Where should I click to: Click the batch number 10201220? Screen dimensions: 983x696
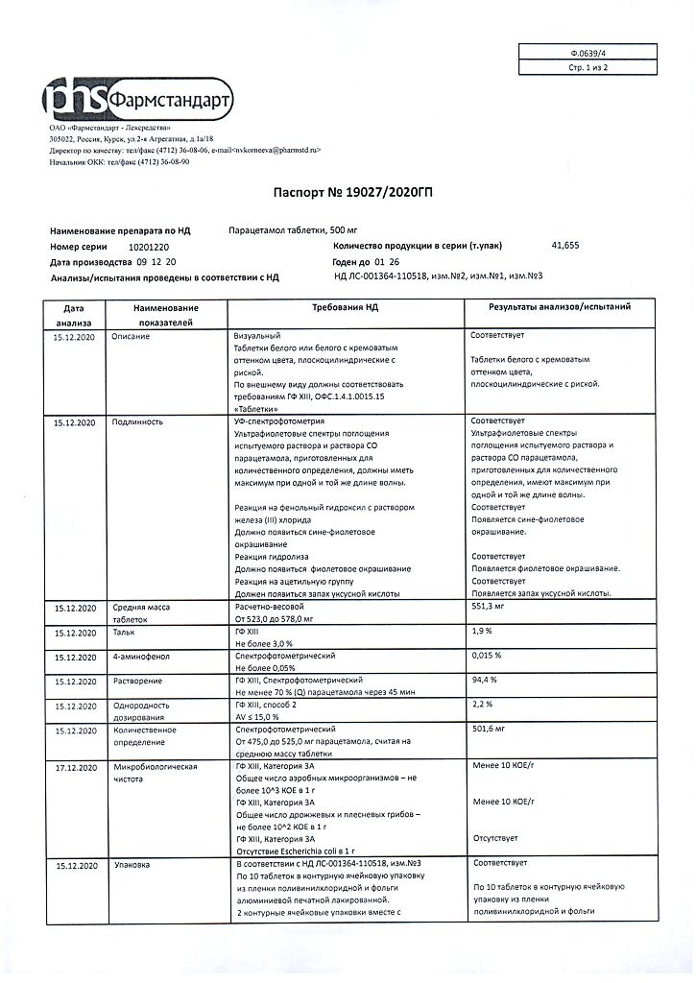coord(134,247)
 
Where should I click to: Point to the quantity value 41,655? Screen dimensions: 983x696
coord(565,247)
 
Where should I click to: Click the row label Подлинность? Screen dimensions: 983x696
coord(137,421)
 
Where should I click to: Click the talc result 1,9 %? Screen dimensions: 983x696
coord(481,632)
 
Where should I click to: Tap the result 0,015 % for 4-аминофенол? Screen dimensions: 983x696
coord(487,657)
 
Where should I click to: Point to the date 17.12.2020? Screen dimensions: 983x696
coord(76,768)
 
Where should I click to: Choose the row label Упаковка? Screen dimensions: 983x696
coord(131,866)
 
